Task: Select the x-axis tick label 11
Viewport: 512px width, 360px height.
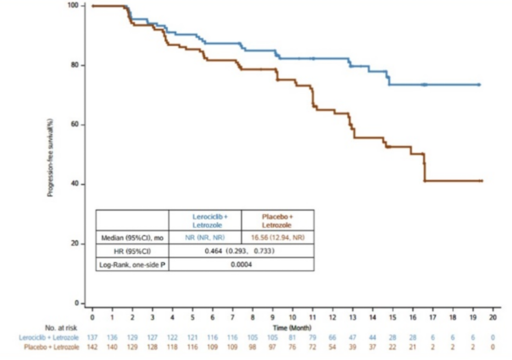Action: point(313,317)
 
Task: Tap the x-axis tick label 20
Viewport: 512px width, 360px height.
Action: point(493,317)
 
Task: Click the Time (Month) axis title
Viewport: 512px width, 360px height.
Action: point(292,327)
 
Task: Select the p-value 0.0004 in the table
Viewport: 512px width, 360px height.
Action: point(241,264)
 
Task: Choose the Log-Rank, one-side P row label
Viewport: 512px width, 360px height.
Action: point(132,264)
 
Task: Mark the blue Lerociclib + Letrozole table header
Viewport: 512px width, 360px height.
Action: point(205,221)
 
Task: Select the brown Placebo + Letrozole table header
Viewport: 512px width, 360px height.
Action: point(277,221)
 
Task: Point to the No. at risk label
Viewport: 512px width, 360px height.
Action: point(62,327)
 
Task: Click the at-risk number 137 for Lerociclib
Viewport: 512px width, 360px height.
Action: point(92,337)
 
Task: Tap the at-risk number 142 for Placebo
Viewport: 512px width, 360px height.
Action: point(92,346)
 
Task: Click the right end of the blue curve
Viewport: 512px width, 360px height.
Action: point(479,85)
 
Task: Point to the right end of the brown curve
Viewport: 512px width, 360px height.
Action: point(481,180)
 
